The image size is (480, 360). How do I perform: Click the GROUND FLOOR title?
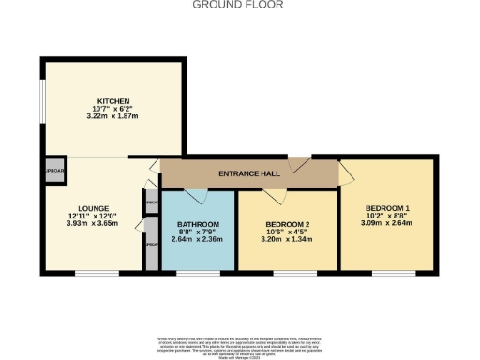[x=239, y=5]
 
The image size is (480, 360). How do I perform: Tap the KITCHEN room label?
[x=112, y=101]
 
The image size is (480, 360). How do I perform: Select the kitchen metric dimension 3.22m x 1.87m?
[x=112, y=118]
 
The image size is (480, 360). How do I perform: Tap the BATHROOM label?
[x=198, y=224]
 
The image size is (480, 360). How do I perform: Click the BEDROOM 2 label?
[x=288, y=224]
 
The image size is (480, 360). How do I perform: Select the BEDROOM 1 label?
[x=387, y=207]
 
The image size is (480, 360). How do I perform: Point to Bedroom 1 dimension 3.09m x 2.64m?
[x=387, y=224]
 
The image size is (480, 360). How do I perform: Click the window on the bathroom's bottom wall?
[x=198, y=273]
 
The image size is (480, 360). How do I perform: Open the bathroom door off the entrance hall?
[x=194, y=194]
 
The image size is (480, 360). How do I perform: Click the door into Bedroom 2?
[x=275, y=195]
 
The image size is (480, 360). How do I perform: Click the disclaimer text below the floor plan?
[x=239, y=343]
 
